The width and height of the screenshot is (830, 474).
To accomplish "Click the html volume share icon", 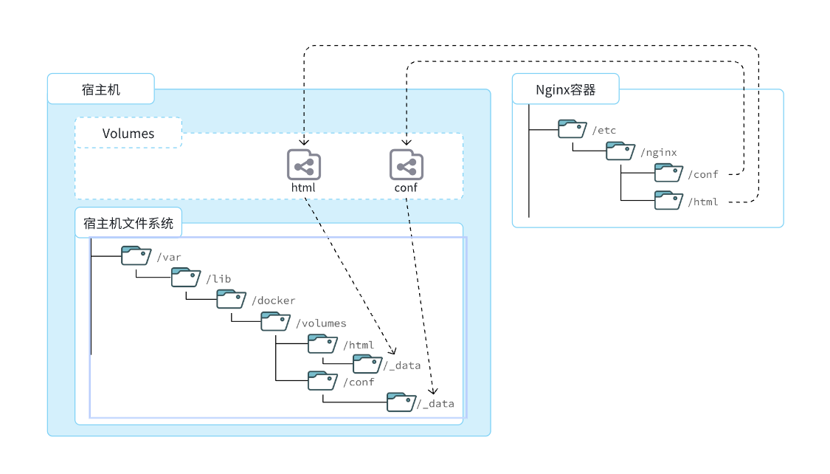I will point(303,165).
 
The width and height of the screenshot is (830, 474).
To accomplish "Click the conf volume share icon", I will point(406,165).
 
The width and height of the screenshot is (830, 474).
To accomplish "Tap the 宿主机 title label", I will point(101,89).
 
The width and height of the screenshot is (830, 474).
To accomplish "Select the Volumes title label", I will point(128,134).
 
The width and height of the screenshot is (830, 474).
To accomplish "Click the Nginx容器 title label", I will point(565,90).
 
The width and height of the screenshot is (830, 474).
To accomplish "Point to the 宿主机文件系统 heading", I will point(128,223).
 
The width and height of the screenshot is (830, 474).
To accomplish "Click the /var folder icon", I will point(136,255).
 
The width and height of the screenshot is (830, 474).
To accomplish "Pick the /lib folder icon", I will point(186,278).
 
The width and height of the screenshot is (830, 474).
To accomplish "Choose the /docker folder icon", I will point(231,300).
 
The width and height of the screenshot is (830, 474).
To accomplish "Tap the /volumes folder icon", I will point(275,322).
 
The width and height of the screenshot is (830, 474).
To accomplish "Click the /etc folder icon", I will point(572,129).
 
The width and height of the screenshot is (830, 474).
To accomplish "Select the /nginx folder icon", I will point(620,151).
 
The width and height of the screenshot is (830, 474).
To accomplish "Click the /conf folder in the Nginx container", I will point(668,174).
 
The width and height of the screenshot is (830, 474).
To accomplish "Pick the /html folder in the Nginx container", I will point(668,200).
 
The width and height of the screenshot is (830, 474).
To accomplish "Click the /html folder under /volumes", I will point(322,343).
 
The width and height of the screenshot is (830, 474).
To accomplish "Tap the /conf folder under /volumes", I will point(322,380).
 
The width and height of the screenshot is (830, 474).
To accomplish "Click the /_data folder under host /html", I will point(367,364).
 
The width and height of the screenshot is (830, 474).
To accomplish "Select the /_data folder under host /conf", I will point(401,402).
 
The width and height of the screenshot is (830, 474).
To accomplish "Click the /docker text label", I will point(274,300).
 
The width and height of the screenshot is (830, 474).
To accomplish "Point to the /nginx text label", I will point(659,152).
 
